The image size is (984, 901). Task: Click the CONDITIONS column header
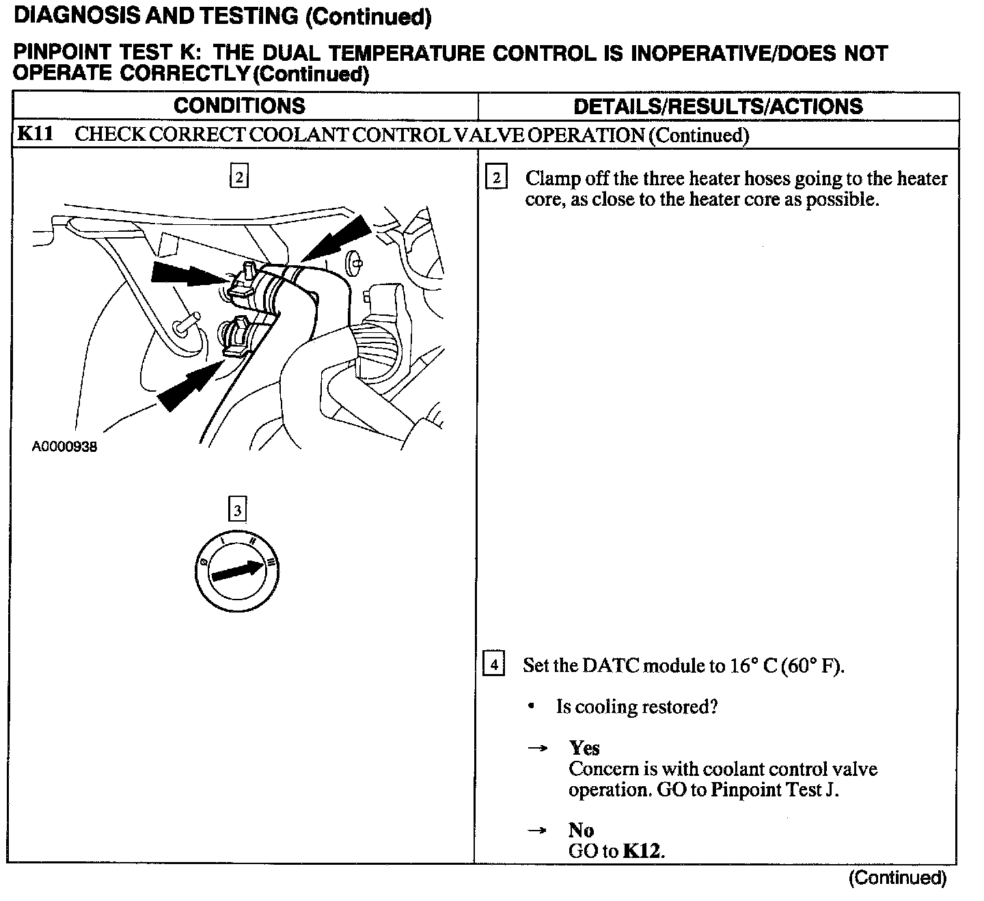click(239, 106)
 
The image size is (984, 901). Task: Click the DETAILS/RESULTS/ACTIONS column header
click(717, 106)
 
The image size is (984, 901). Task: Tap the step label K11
click(35, 133)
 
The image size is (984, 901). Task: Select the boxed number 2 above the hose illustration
click(238, 176)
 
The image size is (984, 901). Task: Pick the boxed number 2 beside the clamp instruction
click(495, 178)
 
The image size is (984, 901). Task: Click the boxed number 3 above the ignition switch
click(237, 509)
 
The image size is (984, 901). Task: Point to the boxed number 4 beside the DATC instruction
click(493, 664)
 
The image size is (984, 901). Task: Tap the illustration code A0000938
click(64, 447)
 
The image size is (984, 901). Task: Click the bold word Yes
click(584, 748)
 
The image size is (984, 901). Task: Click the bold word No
click(581, 831)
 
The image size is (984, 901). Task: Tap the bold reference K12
click(643, 852)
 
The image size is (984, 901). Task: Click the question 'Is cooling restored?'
click(637, 707)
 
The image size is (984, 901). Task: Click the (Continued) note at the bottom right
click(897, 878)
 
